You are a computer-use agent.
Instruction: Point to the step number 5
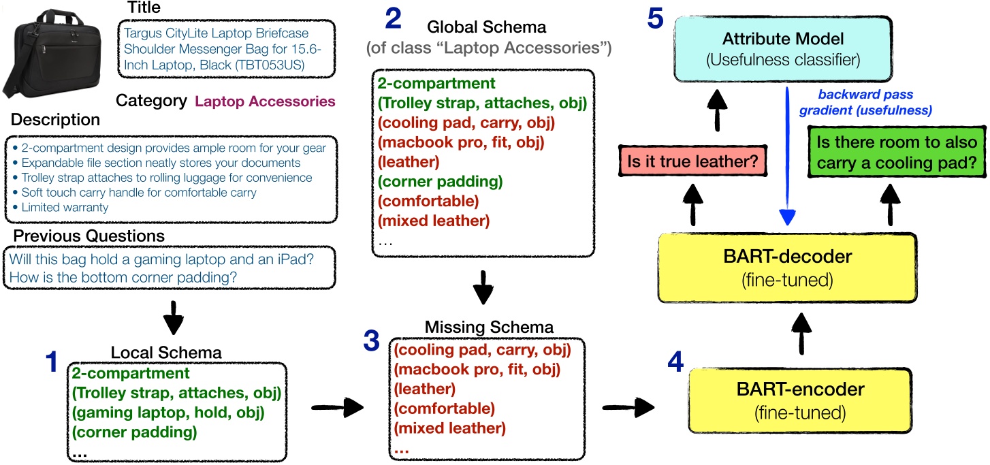[x=655, y=19]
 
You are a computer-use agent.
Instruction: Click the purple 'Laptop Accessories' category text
[x=265, y=101]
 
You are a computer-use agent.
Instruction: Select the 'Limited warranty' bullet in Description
[x=65, y=207]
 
